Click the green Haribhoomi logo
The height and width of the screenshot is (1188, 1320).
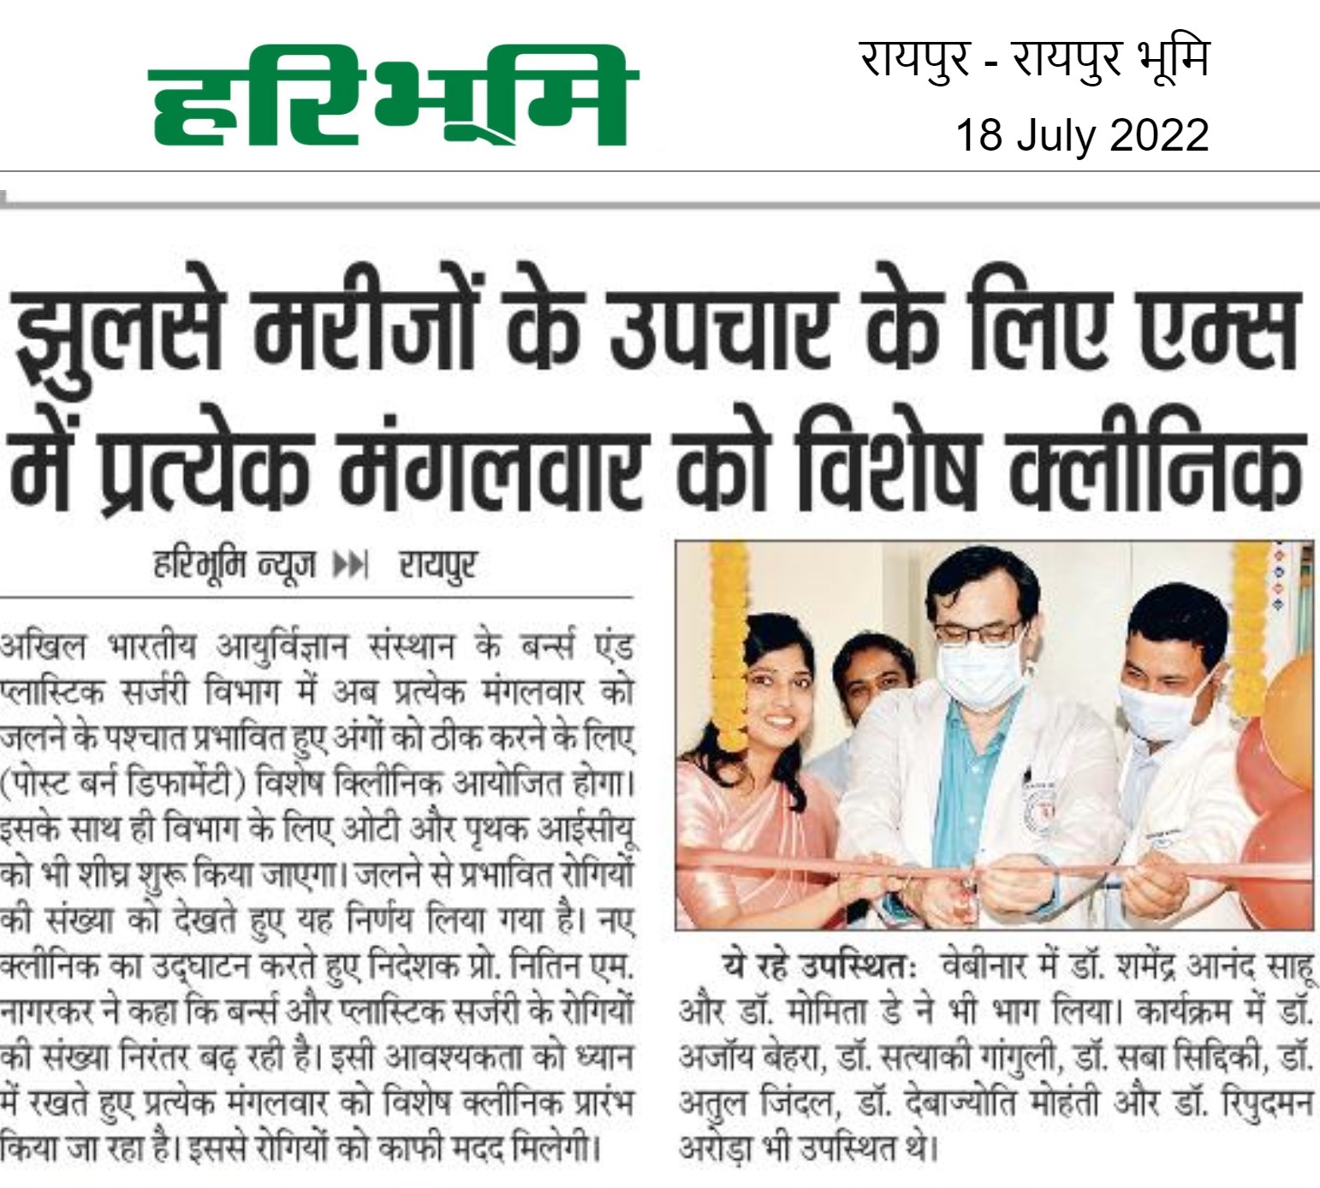point(395,97)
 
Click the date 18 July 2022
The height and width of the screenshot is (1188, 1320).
point(1082,135)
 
